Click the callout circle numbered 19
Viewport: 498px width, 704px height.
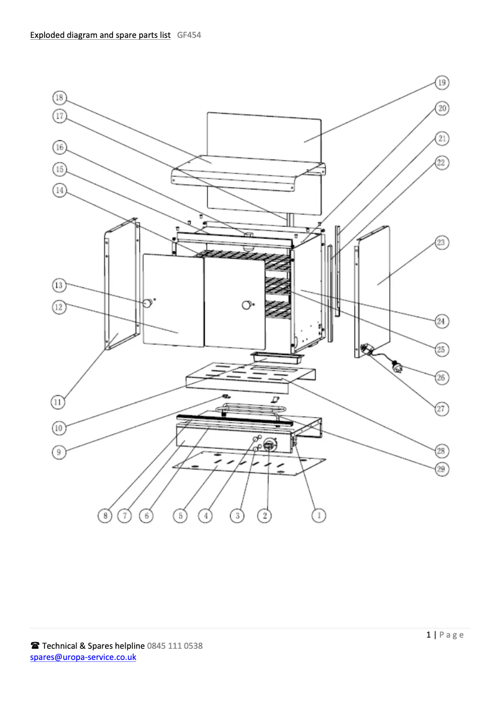click(x=441, y=83)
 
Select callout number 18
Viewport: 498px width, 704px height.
click(x=60, y=97)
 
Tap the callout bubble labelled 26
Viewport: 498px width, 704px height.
click(x=441, y=377)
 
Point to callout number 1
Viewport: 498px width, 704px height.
click(x=318, y=515)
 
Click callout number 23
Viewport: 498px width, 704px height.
click(x=441, y=242)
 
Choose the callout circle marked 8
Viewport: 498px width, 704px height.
click(x=105, y=515)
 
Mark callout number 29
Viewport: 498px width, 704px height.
click(x=441, y=469)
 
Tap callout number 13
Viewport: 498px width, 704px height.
click(x=60, y=286)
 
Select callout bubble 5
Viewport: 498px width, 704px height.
click(x=180, y=515)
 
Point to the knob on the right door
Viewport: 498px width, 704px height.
click(x=246, y=304)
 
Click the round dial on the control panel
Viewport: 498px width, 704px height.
click(x=270, y=445)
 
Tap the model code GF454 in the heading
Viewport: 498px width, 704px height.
click(x=189, y=35)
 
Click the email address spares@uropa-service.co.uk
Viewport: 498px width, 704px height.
click(x=83, y=657)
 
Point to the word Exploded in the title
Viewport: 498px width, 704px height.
click(x=48, y=35)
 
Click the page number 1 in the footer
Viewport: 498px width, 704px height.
click(x=428, y=634)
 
